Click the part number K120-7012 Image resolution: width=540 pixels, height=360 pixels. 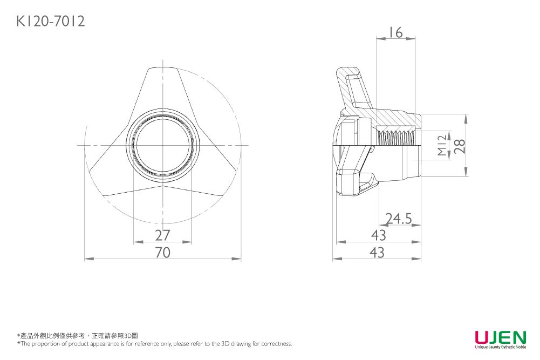coord(50,21)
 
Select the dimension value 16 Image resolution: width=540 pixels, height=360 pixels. coord(395,32)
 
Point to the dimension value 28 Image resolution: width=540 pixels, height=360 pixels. coord(459,145)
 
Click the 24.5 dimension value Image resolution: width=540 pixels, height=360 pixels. coord(399,219)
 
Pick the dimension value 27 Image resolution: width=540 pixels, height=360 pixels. coord(162,235)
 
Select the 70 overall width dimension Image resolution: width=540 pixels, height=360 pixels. coord(162,252)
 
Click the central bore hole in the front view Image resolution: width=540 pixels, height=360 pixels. coord(162,145)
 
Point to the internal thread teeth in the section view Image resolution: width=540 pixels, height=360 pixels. coord(397,137)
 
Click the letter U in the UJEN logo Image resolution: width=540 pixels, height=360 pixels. coord(482,338)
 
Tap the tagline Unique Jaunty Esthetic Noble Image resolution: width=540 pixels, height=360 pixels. coord(500,347)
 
